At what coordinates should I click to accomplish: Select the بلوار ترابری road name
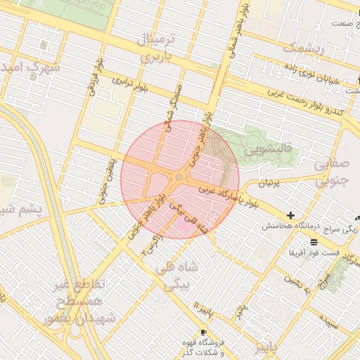[x=129, y=85]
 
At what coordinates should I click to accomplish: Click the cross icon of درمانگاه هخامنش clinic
[x=290, y=214]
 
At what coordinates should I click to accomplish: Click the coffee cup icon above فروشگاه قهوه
[x=203, y=331]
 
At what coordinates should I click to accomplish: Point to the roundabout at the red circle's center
[x=180, y=178]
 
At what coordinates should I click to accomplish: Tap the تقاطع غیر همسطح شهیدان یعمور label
[x=79, y=301]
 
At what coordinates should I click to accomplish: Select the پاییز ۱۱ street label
[x=203, y=309]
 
